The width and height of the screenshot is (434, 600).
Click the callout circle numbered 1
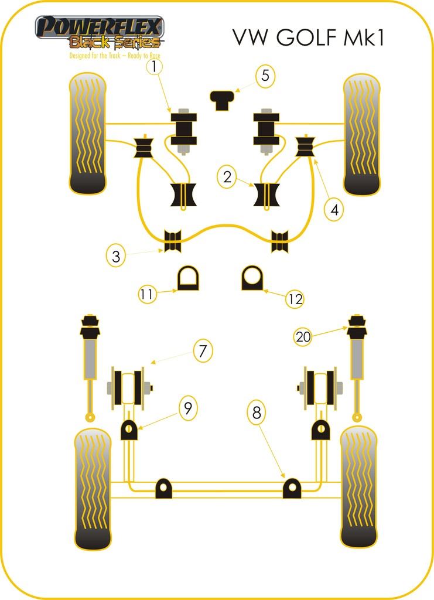click(x=154, y=67)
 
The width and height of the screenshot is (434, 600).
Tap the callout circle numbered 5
click(x=265, y=76)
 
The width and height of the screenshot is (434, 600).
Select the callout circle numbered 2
click(x=227, y=177)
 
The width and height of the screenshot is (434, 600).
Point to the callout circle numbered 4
click(x=334, y=210)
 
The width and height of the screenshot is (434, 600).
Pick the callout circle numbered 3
click(x=116, y=256)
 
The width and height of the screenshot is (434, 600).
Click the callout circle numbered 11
click(x=146, y=294)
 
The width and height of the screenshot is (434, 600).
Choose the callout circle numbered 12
click(x=295, y=299)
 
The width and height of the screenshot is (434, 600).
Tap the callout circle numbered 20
click(x=303, y=337)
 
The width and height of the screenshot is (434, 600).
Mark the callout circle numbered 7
click(x=203, y=350)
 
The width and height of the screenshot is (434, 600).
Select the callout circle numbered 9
click(x=188, y=408)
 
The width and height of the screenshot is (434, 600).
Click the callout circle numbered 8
click(x=257, y=412)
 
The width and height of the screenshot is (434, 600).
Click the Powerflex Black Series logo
click(x=100, y=36)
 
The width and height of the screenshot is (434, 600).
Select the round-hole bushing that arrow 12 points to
click(x=252, y=278)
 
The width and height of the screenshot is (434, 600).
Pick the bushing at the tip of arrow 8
click(x=292, y=488)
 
